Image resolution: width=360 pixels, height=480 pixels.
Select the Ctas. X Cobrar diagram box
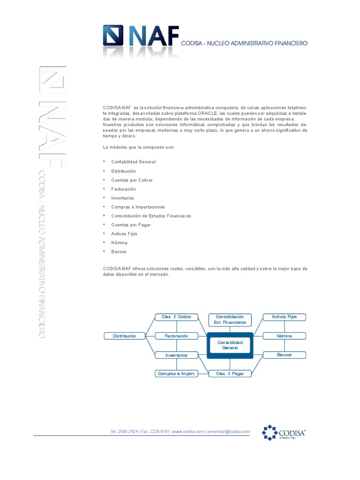(176, 317)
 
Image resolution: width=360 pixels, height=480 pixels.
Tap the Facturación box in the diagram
(176, 336)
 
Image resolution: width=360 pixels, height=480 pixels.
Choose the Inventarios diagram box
(176, 355)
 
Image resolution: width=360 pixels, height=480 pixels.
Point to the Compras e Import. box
(176, 374)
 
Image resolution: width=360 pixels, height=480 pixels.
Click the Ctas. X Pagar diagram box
(230, 374)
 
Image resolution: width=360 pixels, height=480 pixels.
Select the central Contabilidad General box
(230, 345)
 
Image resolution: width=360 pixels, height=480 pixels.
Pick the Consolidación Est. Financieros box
(230, 320)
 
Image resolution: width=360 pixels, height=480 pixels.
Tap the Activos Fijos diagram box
(285, 317)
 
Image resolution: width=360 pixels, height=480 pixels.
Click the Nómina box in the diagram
(285, 336)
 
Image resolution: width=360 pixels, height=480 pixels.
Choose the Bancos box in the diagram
(285, 355)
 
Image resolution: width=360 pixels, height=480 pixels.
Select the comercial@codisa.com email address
(229, 432)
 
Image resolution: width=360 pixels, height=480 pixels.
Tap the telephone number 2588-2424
(127, 432)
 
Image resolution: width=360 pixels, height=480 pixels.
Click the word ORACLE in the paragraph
(207, 113)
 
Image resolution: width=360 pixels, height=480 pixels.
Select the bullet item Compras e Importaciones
(138, 207)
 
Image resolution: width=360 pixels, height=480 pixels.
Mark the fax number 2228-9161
(160, 432)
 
